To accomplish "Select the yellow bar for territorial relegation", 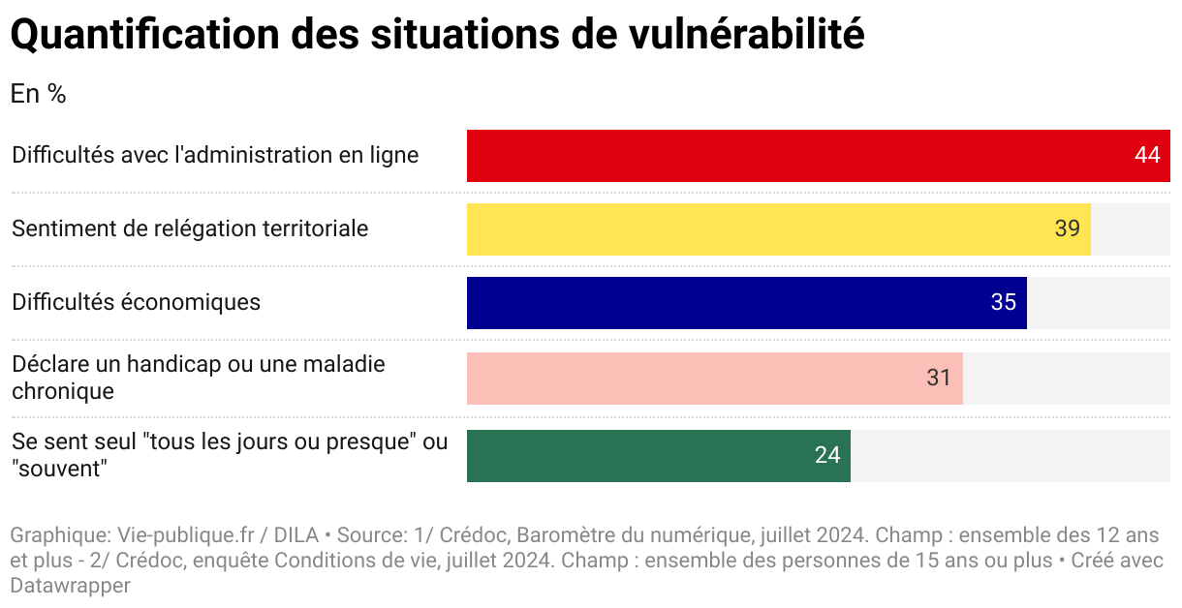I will click(756, 229).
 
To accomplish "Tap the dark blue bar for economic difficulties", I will click(727, 303).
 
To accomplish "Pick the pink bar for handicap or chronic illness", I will click(698, 379).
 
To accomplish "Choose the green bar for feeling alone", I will click(639, 456).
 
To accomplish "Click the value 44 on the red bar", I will click(1147, 156).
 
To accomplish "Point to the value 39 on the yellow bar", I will click(1067, 229).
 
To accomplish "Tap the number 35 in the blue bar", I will click(1003, 303).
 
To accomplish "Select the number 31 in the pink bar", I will click(939, 379).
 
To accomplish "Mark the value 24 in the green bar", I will click(827, 456).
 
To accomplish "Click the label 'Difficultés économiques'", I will click(136, 302).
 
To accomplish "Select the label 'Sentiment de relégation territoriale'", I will click(190, 228).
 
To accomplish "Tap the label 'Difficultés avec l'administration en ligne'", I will click(215, 155).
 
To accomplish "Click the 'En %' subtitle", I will click(38, 94).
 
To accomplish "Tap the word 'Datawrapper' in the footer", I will click(70, 586).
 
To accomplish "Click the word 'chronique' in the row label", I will click(63, 391).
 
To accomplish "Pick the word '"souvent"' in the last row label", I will click(58, 469).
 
